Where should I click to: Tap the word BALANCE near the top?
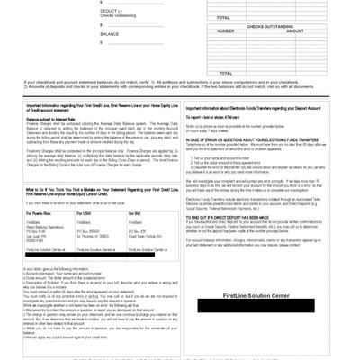point(110,34)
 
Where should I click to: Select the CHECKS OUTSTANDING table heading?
point(274,27)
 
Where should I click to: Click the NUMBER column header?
point(226,31)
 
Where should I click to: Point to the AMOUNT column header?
point(294,31)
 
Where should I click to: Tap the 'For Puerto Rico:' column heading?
point(40,213)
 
